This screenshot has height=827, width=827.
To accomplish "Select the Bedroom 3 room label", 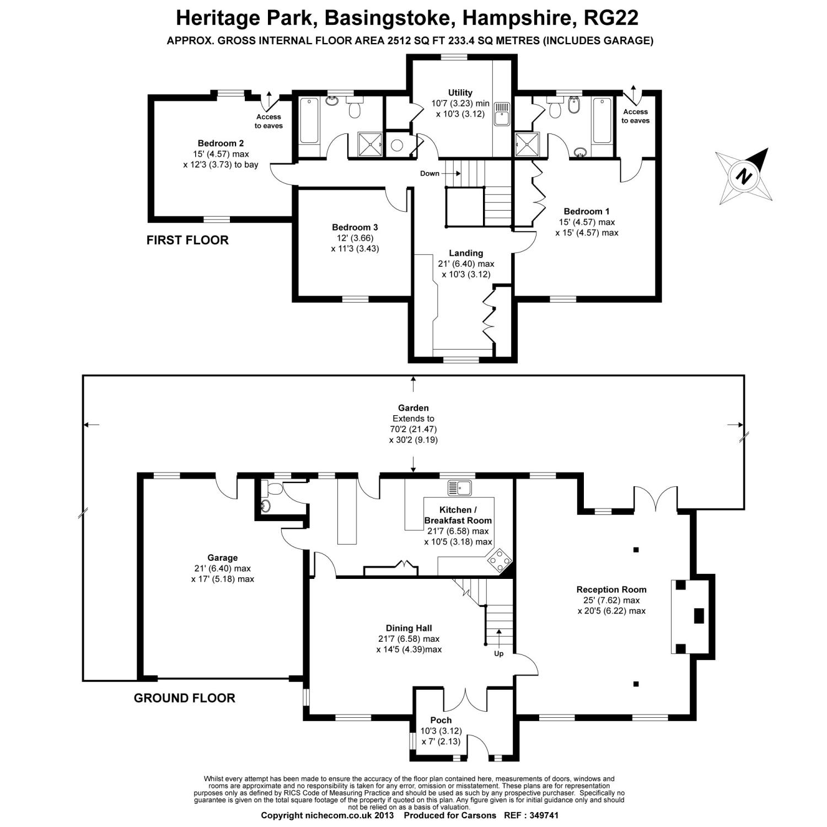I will [355, 227].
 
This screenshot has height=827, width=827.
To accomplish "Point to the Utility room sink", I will [501, 114].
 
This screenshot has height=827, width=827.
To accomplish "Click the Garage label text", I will [222, 558].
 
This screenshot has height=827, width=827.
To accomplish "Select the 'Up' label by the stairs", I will [498, 654].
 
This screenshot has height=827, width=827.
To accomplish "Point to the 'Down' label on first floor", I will [429, 173].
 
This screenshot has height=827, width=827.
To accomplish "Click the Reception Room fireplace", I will [689, 615].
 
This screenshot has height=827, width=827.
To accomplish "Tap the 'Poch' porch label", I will [441, 720].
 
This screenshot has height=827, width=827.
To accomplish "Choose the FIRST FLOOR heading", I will [187, 240].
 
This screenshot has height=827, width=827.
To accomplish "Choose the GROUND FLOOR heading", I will [184, 698].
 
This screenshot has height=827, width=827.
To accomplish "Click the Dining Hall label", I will [409, 628].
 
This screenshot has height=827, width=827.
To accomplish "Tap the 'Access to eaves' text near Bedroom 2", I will [268, 121].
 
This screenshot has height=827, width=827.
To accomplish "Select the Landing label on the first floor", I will [466, 253].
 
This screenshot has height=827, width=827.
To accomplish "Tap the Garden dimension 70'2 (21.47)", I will [413, 429].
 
